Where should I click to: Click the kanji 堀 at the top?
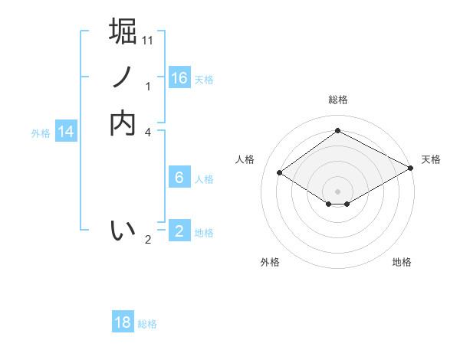[123, 32]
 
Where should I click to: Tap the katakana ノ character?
[123, 77]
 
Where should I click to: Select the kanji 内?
[123, 123]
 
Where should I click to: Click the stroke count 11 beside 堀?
[149, 40]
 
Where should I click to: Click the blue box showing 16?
[179, 78]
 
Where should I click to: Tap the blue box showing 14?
[66, 133]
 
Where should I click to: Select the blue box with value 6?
[179, 178]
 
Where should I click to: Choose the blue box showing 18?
[123, 322]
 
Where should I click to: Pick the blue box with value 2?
[179, 231]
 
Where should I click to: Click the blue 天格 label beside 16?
[204, 80]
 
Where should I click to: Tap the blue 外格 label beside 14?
[41, 133]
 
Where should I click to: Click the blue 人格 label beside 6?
[204, 179]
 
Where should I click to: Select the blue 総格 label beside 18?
[147, 324]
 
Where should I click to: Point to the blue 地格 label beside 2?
[204, 233]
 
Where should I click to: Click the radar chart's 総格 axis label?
[337, 100]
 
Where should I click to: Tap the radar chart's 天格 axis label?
[431, 159]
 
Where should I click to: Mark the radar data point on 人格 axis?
[280, 173]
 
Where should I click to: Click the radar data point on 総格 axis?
[337, 131]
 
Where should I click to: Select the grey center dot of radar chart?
[337, 191]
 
